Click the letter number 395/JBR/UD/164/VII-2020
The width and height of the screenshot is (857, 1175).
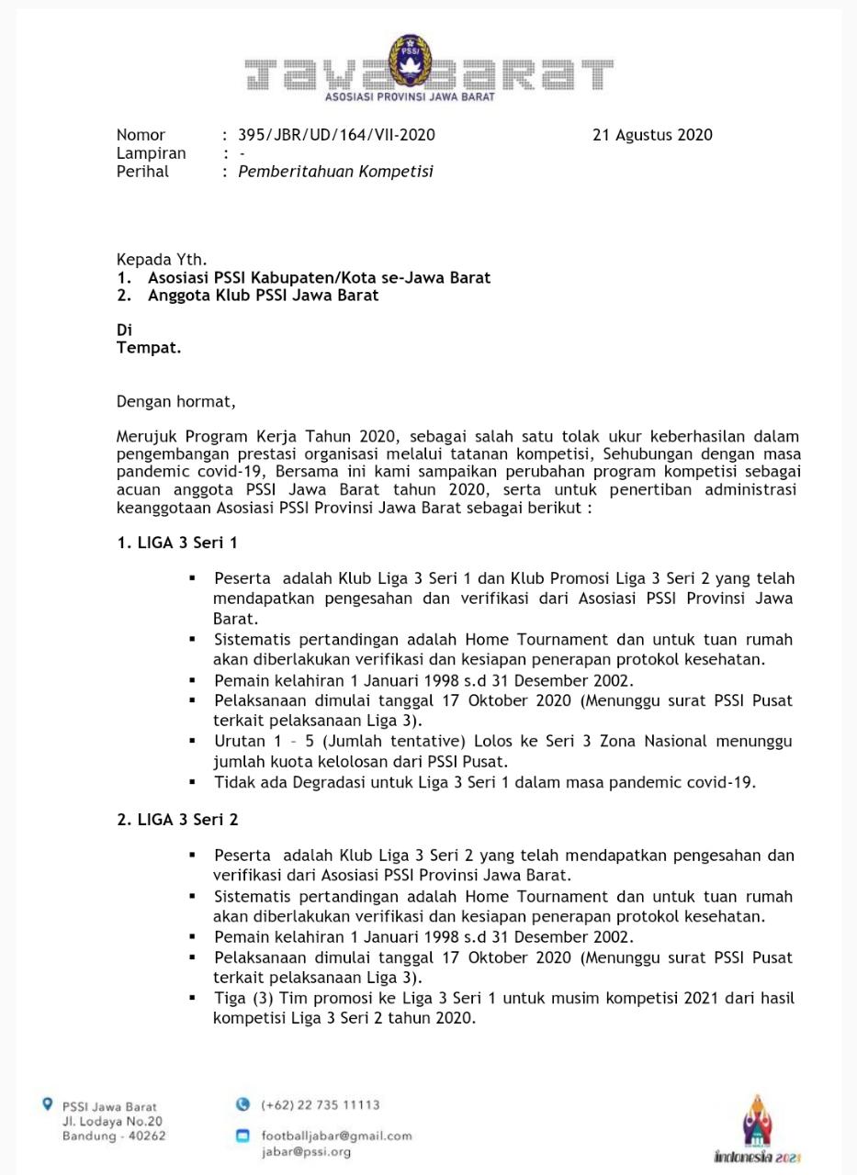click(x=336, y=135)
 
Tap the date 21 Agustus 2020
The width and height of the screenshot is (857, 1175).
click(x=652, y=135)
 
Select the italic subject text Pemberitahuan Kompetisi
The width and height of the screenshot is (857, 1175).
click(x=335, y=172)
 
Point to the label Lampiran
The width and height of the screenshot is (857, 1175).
click(x=151, y=153)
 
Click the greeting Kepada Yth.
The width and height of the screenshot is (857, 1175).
click(x=162, y=260)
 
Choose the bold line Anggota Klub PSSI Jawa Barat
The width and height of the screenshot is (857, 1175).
click(x=263, y=296)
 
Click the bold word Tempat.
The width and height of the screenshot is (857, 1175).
click(x=149, y=348)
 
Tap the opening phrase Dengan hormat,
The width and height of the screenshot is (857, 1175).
click(x=175, y=401)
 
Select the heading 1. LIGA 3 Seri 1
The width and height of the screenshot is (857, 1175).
click(x=177, y=543)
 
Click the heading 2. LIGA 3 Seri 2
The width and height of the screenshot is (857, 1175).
click(x=177, y=820)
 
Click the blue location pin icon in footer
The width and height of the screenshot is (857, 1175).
click(x=48, y=1104)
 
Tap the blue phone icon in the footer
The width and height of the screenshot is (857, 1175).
click(x=242, y=1104)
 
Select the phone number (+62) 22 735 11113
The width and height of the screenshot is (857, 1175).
click(x=320, y=1105)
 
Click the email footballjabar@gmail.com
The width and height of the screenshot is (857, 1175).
click(x=336, y=1136)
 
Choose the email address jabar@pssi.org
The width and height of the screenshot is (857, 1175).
click(x=306, y=1151)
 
